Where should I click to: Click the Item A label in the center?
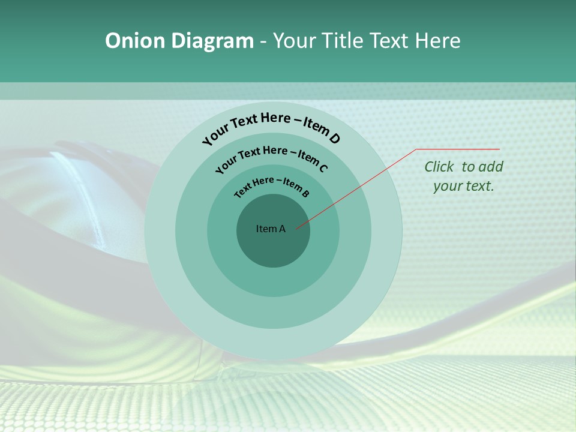point(271,229)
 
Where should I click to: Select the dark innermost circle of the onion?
point(274,249)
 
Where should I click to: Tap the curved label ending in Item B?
point(272,185)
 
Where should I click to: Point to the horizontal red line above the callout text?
point(458,149)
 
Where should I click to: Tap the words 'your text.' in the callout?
point(463,186)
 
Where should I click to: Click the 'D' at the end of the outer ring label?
point(334,139)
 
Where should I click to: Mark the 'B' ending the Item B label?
point(305,193)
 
